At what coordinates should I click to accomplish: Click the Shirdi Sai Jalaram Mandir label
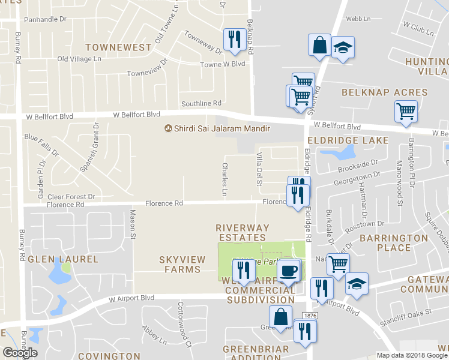[x=217, y=128]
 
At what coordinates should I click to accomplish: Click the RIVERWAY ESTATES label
[x=242, y=233]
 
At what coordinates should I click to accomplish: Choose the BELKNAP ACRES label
[x=385, y=92]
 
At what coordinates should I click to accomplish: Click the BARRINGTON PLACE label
[x=394, y=242]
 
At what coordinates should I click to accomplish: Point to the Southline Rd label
[x=202, y=103]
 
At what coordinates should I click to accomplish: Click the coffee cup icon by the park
[x=289, y=271]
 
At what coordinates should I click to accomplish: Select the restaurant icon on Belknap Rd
[x=233, y=40]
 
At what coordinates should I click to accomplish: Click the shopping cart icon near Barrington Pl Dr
[x=406, y=112]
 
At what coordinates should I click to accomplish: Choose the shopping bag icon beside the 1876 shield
[x=280, y=317]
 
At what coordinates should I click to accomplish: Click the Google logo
[x=20, y=353]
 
